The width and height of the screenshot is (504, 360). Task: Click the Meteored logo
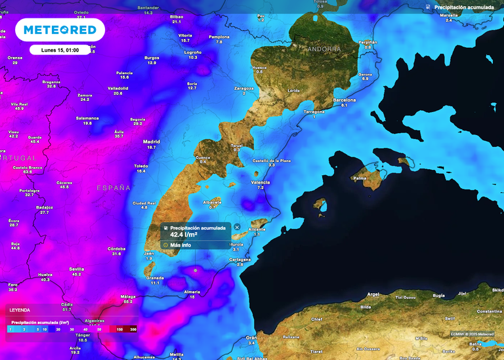coord(60,30)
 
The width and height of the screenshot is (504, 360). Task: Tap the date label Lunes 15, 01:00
coord(60,50)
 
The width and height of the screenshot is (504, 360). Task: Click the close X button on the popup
coord(237,227)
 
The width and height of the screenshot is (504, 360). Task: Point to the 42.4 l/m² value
coord(184,234)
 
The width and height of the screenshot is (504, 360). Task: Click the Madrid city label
coord(151,142)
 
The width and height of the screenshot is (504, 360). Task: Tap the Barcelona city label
coord(344,100)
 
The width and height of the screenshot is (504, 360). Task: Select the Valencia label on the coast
coord(261,182)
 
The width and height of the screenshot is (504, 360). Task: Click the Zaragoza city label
coord(243,88)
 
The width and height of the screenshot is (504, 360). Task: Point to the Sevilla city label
coord(77,269)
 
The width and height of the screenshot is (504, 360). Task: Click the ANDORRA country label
coord(324,49)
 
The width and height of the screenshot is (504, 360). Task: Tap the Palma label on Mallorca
coord(360,178)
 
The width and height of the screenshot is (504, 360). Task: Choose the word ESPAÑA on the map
coord(114,188)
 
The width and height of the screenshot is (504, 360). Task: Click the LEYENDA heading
coord(19,310)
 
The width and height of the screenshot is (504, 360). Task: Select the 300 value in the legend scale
coord(133,329)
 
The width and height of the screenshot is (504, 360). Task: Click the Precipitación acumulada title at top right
coord(463,7)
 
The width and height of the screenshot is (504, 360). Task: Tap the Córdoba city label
coord(116,249)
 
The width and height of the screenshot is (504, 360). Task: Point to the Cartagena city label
coord(240,259)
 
